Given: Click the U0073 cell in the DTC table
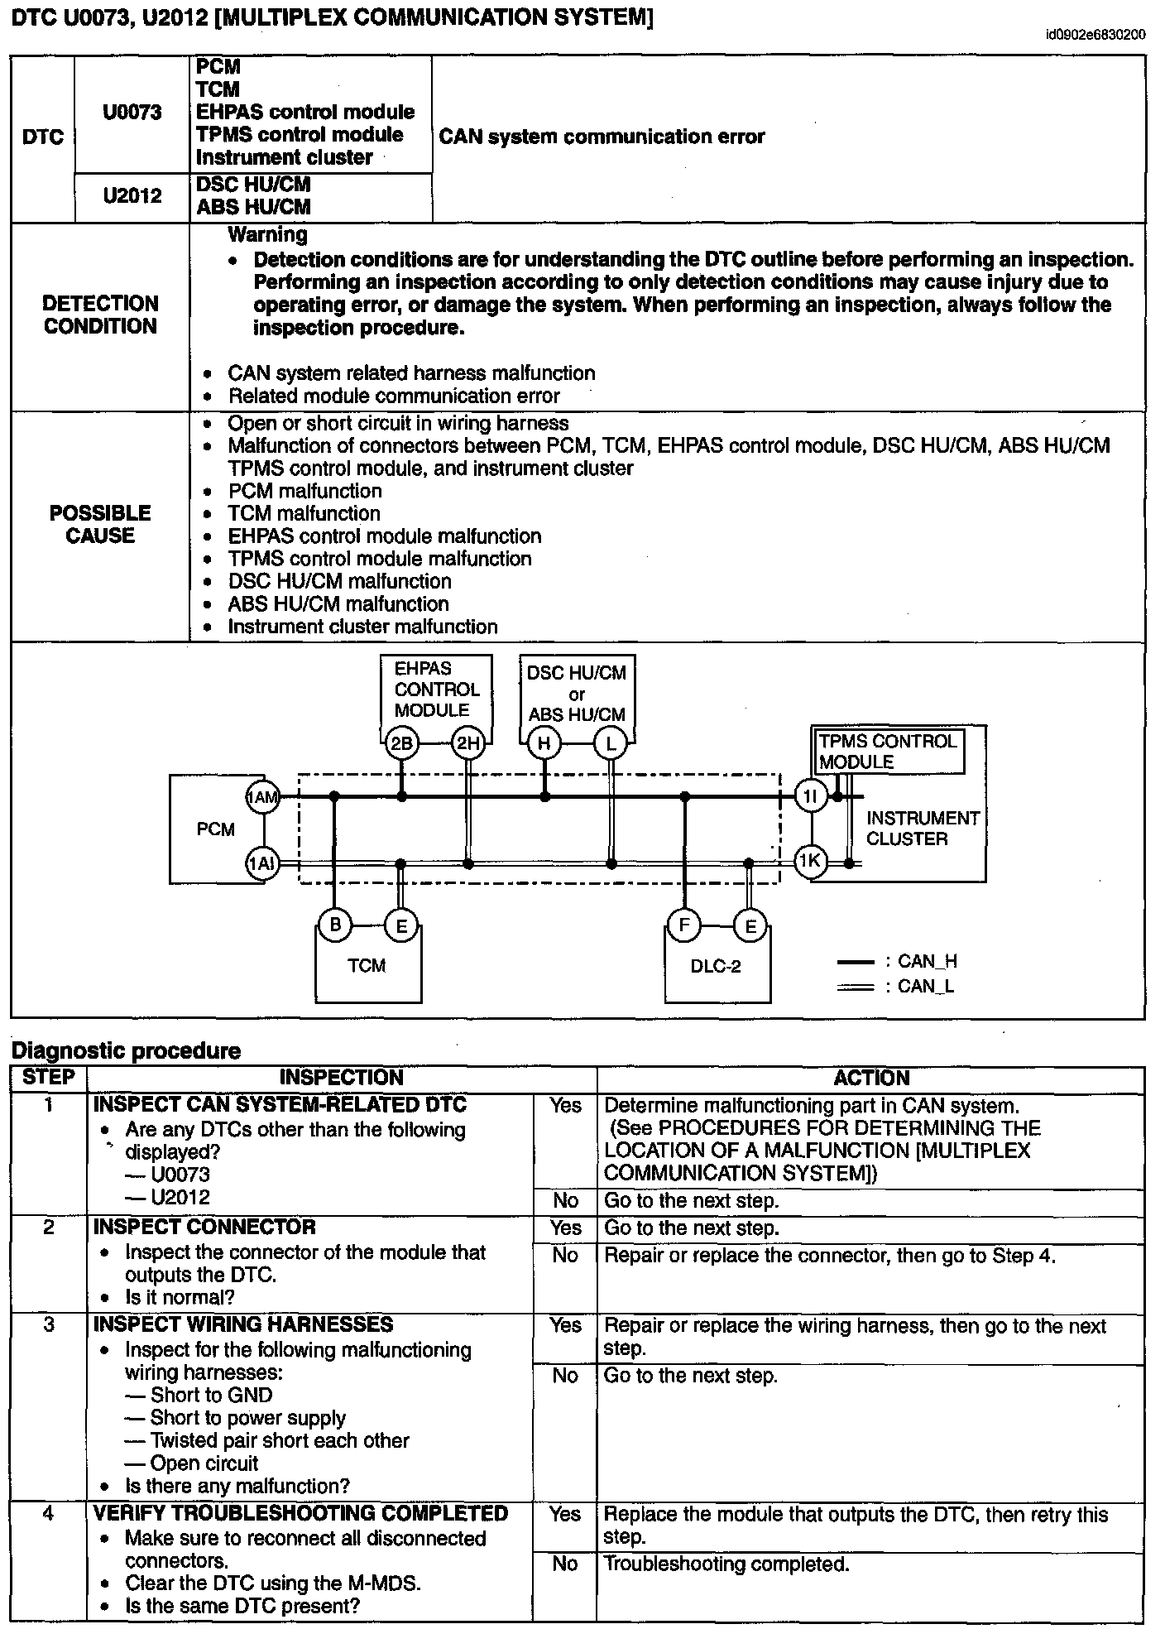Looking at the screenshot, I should click(132, 113).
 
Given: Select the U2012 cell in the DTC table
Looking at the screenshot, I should click(132, 196).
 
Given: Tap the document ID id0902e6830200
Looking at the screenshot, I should click(1095, 35).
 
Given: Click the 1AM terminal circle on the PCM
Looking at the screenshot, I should click(263, 798).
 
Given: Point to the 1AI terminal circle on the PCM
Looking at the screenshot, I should click(263, 863).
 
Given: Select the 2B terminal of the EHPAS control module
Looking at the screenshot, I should click(401, 743).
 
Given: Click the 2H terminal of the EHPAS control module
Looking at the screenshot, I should click(468, 743).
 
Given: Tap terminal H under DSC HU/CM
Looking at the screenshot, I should click(544, 743).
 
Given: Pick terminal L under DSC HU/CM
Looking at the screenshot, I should click(611, 743).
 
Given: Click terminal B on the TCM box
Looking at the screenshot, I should click(335, 925).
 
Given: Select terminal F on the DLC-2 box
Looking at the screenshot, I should click(684, 925).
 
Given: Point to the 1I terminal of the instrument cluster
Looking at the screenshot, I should click(811, 796).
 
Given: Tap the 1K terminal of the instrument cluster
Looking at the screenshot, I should click(811, 862).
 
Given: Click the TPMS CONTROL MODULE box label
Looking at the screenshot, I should click(888, 752).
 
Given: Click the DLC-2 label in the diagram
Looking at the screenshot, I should click(716, 966).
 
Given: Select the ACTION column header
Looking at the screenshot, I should click(871, 1078).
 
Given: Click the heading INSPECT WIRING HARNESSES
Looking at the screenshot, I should click(243, 1324).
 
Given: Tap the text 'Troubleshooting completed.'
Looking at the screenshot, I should click(726, 1564).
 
